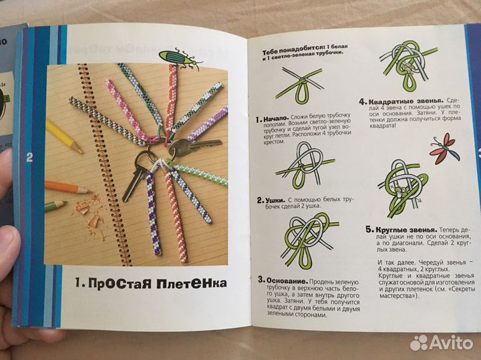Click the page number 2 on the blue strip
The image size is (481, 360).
tap(29, 158)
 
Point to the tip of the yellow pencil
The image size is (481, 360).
tap(79, 150)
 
